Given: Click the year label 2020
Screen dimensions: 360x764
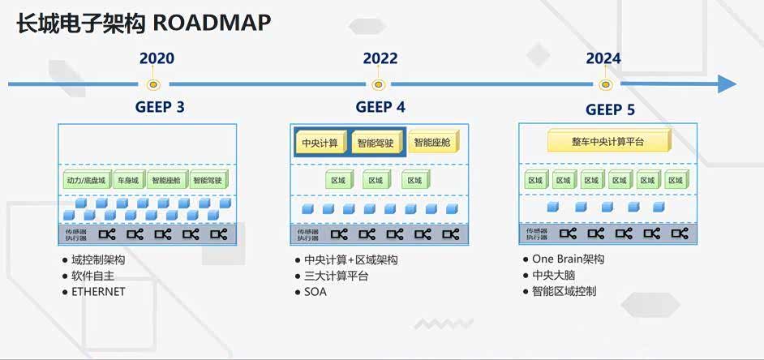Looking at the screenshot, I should (x=157, y=58).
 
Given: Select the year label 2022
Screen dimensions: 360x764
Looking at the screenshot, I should (x=380, y=58).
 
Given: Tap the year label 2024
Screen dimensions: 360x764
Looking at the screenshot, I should (x=603, y=58).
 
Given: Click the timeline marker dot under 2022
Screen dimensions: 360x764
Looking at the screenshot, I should (x=378, y=84).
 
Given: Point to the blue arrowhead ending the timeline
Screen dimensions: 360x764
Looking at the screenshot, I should (x=727, y=84).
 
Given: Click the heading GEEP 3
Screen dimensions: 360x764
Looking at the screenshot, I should (x=160, y=107).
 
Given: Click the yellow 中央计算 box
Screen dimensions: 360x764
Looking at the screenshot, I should (x=320, y=143).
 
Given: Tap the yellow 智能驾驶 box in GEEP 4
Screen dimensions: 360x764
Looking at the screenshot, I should (x=376, y=143).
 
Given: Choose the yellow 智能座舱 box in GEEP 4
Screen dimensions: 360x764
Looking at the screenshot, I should (x=434, y=142).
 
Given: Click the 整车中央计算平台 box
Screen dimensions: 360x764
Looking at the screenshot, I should (x=609, y=141).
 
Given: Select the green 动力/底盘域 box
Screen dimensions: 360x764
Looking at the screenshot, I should (x=85, y=180).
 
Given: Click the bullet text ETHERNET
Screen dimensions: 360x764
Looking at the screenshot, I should (x=98, y=292).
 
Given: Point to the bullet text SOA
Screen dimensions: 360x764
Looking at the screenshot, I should (x=315, y=292).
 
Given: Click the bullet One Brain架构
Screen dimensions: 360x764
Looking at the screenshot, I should (x=568, y=259).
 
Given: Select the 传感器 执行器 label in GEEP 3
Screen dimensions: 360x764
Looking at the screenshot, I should (x=75, y=234).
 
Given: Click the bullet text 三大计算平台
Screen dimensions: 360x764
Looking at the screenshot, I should (x=336, y=276).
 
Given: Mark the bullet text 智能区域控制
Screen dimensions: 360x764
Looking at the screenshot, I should (x=564, y=291).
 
